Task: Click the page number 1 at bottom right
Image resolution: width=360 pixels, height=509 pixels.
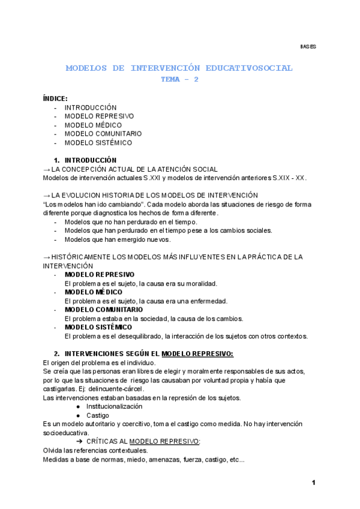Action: click(313, 483)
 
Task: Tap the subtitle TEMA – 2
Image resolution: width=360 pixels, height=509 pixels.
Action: click(179, 79)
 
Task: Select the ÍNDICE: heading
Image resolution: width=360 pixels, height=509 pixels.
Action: click(55, 98)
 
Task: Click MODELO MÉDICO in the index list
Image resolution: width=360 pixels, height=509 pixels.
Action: click(93, 125)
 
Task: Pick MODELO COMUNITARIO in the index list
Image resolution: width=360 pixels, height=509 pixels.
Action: click(103, 134)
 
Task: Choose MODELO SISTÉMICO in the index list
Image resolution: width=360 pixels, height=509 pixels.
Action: click(98, 143)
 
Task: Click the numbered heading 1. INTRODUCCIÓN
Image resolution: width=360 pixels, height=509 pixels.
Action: click(85, 160)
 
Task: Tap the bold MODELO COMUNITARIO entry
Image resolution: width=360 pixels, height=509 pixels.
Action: click(103, 310)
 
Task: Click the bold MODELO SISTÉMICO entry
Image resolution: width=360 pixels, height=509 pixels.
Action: click(98, 327)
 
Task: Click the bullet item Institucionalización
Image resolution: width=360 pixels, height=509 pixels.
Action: click(118, 406)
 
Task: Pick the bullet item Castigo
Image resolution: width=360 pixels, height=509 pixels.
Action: click(97, 415)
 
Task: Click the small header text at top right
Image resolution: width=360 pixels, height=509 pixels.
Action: click(308, 46)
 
